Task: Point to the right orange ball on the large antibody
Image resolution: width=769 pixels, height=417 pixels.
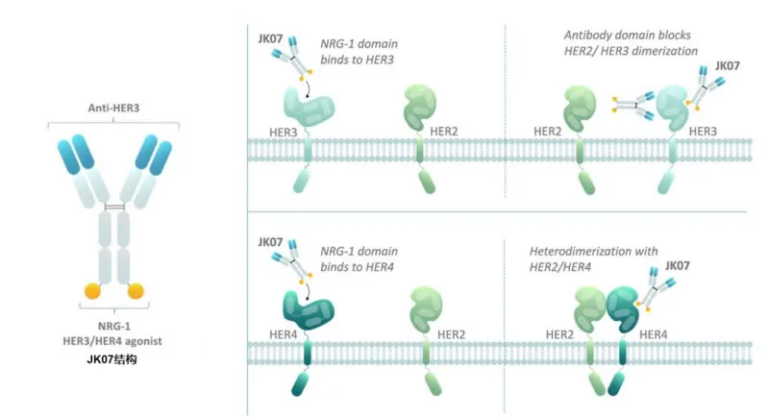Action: point(136,288)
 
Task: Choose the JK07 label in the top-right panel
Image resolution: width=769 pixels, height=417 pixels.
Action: point(728,66)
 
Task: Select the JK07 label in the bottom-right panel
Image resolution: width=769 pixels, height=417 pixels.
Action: point(678,263)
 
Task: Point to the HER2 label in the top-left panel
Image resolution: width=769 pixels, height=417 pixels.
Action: point(444,130)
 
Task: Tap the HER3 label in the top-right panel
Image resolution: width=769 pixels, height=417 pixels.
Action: point(705,130)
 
